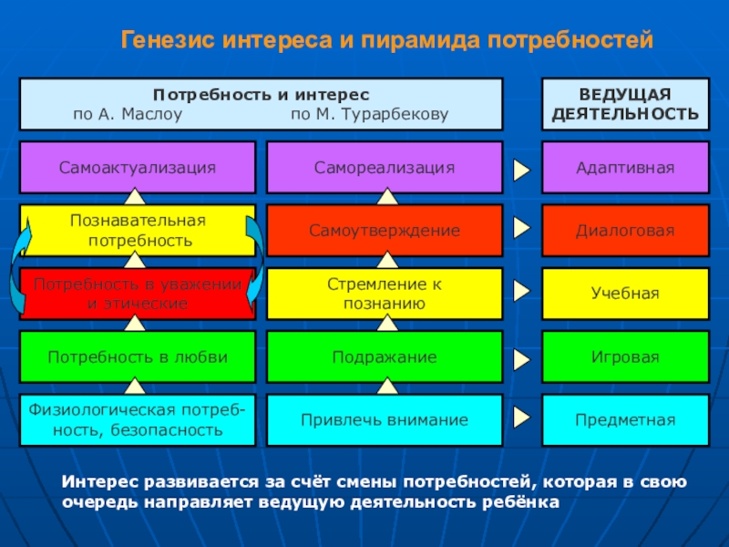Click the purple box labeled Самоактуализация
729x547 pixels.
point(137,168)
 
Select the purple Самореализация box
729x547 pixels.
point(384,168)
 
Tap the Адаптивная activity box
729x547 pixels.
point(624,168)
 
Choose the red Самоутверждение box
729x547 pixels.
point(384,231)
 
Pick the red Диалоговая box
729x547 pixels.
point(624,231)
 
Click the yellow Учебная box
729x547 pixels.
point(624,294)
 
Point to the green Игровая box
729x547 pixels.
point(624,356)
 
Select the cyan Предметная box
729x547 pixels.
point(624,420)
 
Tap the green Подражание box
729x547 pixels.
point(384,356)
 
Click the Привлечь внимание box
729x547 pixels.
point(384,420)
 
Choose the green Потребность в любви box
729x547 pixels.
point(137,356)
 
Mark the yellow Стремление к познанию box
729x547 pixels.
point(384,294)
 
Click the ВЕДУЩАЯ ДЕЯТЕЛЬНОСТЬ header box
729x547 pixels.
point(625,104)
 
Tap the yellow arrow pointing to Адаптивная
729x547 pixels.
point(521,170)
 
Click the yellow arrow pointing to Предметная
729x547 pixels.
point(521,418)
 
